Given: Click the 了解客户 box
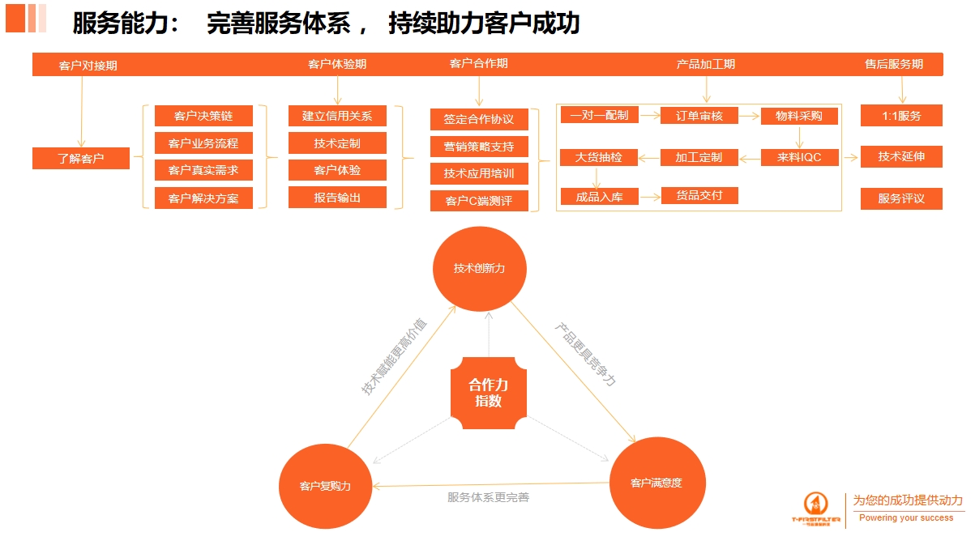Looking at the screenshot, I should (x=81, y=159).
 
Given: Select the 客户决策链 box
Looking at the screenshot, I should (x=203, y=116).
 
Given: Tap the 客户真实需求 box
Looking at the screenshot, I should (x=203, y=170).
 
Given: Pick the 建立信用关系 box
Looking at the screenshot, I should (x=337, y=116).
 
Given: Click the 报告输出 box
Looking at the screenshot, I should (x=337, y=198).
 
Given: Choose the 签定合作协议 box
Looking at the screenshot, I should (x=479, y=119).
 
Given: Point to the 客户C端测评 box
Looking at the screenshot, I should (x=479, y=201).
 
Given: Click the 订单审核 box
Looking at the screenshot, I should (x=699, y=116).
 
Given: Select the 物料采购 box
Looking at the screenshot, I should (x=799, y=116).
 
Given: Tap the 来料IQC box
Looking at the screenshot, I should (x=799, y=157).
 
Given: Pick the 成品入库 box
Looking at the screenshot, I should (x=599, y=196).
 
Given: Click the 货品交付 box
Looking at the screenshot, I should (x=699, y=195).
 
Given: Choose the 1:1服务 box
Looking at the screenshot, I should (x=901, y=116).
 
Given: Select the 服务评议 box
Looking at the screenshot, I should (x=901, y=198).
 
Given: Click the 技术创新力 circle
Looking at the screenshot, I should (x=479, y=268).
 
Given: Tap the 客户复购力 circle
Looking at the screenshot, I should (x=325, y=486).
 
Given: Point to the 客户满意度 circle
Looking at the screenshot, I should (x=656, y=483).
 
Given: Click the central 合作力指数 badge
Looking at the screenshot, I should (x=489, y=393).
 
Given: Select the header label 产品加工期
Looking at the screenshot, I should (x=706, y=64).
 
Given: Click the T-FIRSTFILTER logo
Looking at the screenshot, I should (x=816, y=509).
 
